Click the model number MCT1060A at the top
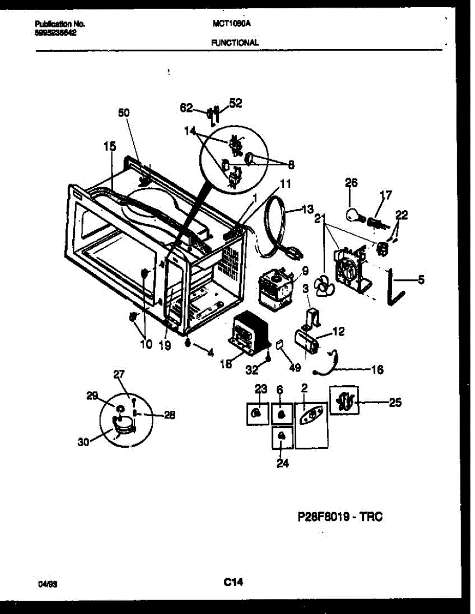tap(228, 24)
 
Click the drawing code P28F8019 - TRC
tap(340, 517)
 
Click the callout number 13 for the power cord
tap(307, 209)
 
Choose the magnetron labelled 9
tap(277, 290)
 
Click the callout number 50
tap(123, 113)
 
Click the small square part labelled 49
tap(280, 345)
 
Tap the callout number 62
tap(187, 108)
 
